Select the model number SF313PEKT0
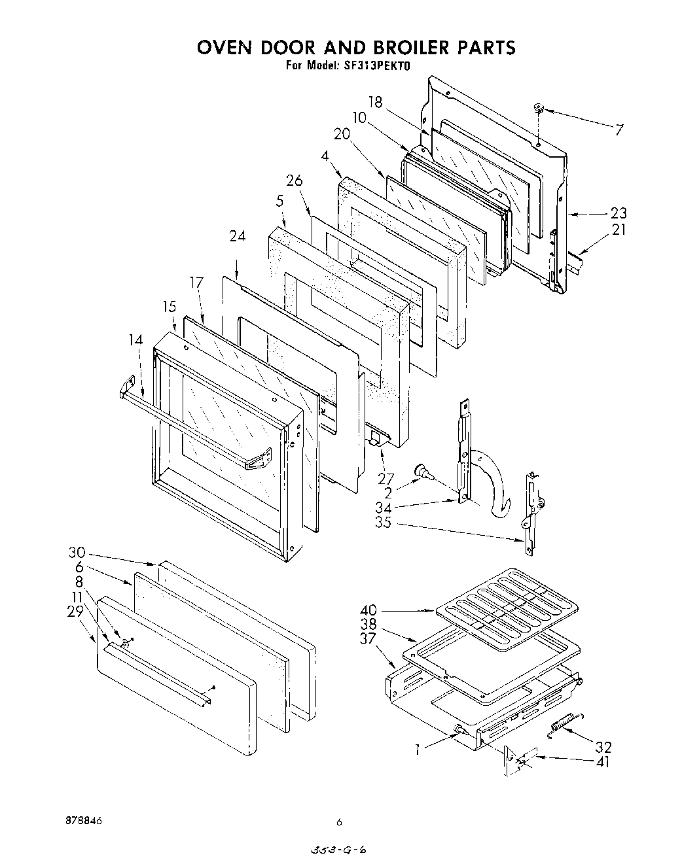click(x=372, y=65)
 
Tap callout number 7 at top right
click(x=619, y=129)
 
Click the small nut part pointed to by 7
click(x=539, y=107)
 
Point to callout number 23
click(x=618, y=213)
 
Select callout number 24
click(x=237, y=236)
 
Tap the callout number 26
click(x=294, y=180)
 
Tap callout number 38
click(x=369, y=625)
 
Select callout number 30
click(x=77, y=553)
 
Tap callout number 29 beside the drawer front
click(x=75, y=611)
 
